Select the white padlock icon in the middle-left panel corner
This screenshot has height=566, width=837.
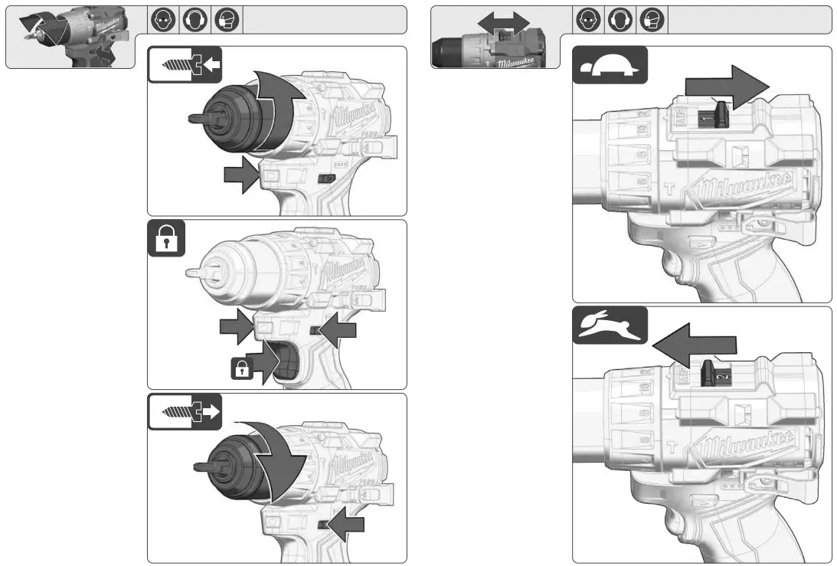click(x=165, y=240)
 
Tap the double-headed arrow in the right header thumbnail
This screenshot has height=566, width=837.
click(x=503, y=22)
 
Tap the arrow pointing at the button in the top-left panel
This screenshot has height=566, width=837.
click(x=240, y=175)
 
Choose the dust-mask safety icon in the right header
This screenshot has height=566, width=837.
click(x=652, y=20)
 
